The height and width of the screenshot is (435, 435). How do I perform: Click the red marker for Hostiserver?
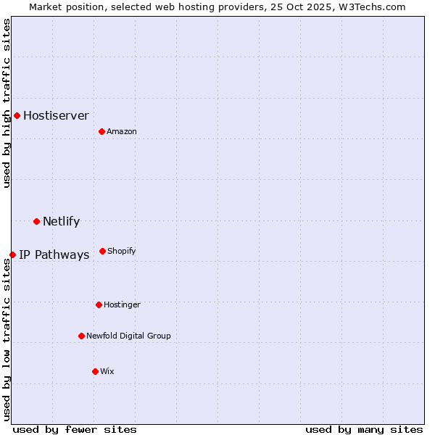click(17, 115)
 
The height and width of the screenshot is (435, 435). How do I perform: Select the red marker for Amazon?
click(101, 131)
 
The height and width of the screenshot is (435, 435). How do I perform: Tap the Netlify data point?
click(36, 221)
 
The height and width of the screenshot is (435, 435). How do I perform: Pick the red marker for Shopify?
click(102, 251)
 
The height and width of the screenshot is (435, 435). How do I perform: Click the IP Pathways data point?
click(12, 254)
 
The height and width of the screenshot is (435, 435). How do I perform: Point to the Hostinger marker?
click(99, 304)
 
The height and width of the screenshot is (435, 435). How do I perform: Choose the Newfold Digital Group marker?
click(81, 336)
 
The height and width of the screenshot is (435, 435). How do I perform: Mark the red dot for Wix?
click(95, 371)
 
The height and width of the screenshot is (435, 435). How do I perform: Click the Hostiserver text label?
click(56, 115)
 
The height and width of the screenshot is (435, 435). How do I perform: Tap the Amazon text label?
click(122, 131)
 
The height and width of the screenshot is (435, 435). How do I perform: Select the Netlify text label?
click(61, 221)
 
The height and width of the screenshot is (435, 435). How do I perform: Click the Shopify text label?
click(122, 251)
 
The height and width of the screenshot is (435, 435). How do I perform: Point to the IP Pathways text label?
click(54, 254)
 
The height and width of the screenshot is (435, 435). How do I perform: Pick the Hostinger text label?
click(122, 304)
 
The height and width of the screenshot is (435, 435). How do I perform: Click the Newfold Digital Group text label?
click(128, 336)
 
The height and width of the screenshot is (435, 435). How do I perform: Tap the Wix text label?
click(107, 371)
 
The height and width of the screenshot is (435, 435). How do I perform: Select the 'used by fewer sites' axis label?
click(75, 429)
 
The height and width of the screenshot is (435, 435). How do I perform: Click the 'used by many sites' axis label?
click(364, 429)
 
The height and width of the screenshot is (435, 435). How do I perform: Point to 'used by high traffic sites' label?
click(7, 103)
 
